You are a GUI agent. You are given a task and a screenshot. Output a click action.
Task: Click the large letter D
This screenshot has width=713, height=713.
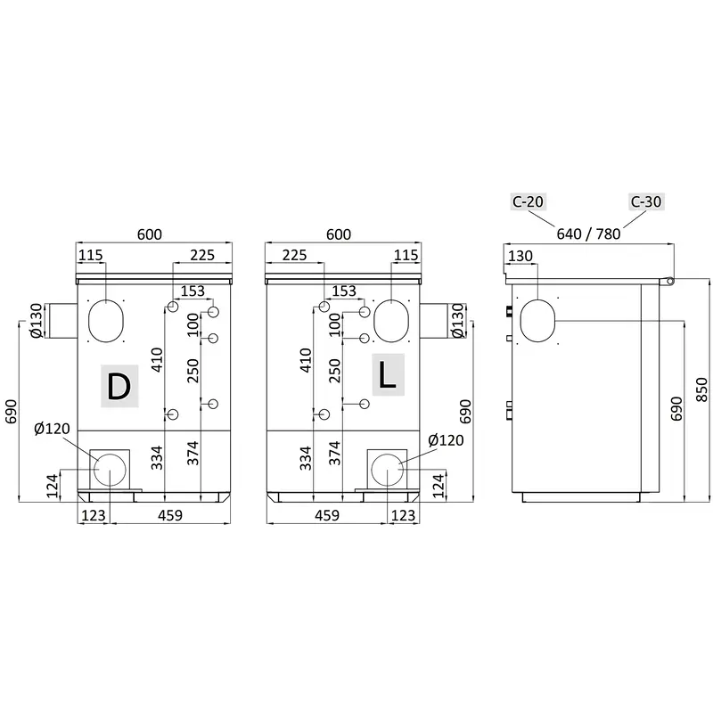(x=119, y=386)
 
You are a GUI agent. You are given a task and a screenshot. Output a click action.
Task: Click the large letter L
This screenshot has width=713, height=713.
(x=387, y=375)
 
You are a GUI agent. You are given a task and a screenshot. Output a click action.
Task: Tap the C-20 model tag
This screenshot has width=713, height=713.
(x=528, y=201)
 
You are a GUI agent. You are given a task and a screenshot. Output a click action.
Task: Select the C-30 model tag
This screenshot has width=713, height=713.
(x=646, y=201)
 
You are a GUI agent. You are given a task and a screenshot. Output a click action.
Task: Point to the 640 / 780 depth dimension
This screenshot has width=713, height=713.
(x=588, y=234)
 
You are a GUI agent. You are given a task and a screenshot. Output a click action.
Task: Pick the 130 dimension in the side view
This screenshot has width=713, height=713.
(x=520, y=256)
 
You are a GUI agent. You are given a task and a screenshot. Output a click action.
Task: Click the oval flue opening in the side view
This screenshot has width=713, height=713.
(x=537, y=321)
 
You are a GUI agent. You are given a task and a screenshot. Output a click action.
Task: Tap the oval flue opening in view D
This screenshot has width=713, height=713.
(x=105, y=321)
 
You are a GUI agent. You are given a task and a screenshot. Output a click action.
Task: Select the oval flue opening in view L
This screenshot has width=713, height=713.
(x=391, y=321)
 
